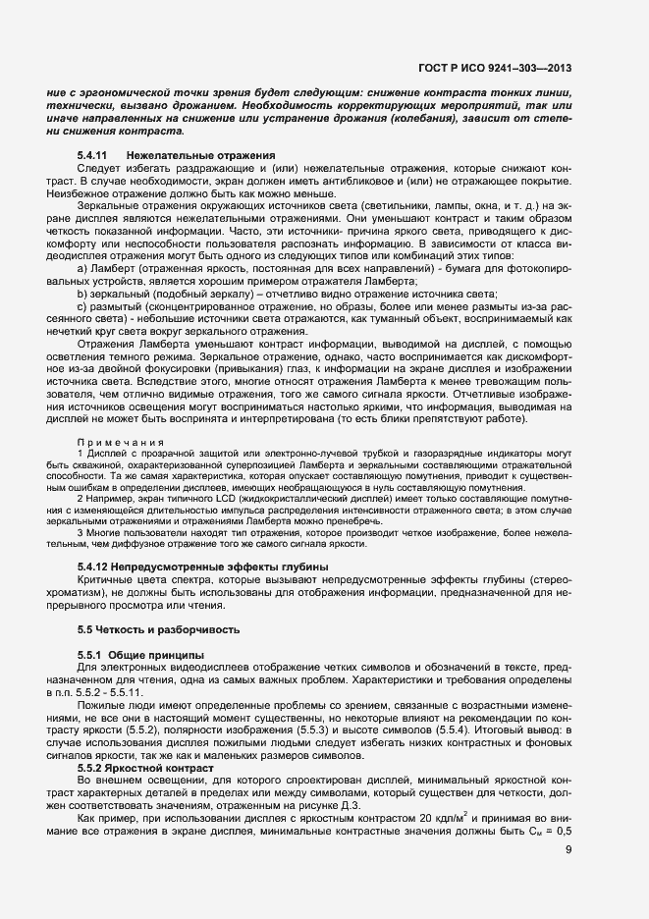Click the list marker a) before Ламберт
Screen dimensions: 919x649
coord(82,267)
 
